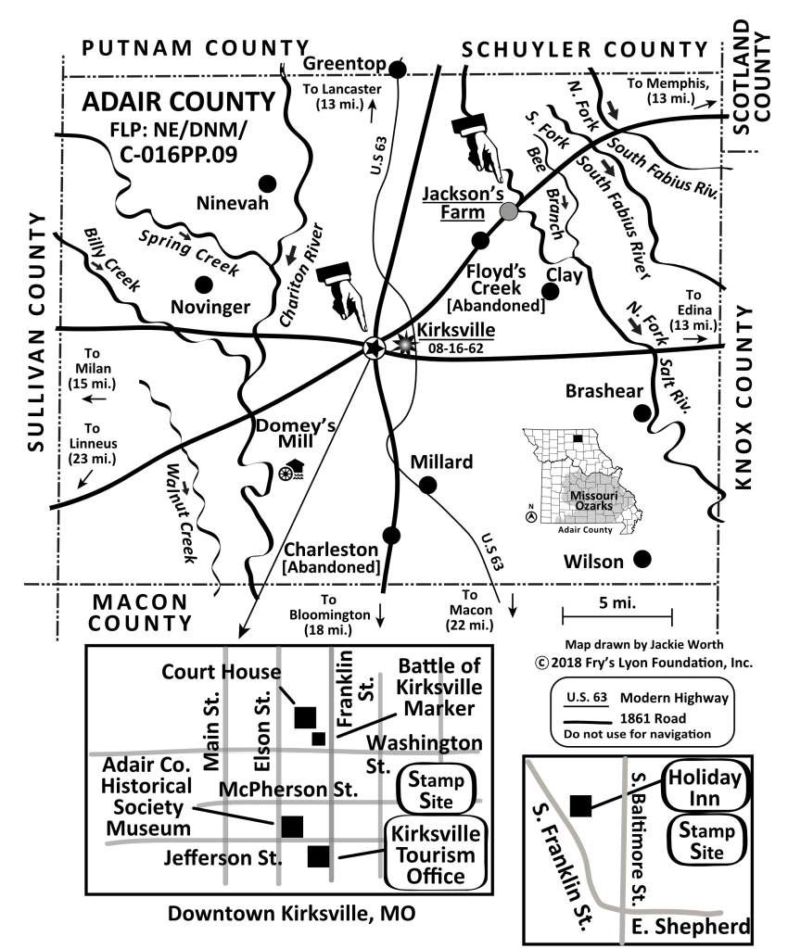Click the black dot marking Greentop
397,70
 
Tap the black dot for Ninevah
267,183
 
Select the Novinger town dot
204,284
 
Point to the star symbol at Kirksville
374,348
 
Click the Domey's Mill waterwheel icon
291,470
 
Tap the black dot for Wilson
642,559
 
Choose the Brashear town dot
642,413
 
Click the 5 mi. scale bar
617,616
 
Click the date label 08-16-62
456,348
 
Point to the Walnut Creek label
182,513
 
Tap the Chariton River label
302,275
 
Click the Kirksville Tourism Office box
436,854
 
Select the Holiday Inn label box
705,788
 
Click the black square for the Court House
305,716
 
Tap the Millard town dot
428,485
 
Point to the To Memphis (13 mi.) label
668,91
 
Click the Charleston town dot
391,535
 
